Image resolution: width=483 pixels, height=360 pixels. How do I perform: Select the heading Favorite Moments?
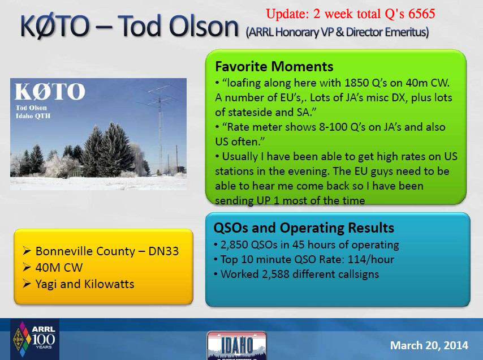point(274,67)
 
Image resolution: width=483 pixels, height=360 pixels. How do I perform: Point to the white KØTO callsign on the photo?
point(50,92)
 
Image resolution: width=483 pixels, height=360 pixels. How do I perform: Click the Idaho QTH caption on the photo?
point(33,116)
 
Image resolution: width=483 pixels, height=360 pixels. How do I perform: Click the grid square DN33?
point(163,251)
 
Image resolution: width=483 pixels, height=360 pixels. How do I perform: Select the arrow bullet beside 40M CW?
point(27,267)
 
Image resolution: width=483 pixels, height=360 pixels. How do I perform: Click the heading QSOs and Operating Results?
point(304,228)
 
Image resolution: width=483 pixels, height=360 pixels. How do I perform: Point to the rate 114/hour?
point(371,259)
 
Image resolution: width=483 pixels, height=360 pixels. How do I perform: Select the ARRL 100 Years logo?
point(34,339)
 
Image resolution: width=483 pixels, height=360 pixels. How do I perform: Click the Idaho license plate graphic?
point(236,345)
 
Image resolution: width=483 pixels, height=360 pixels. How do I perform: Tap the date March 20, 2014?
point(429,345)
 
